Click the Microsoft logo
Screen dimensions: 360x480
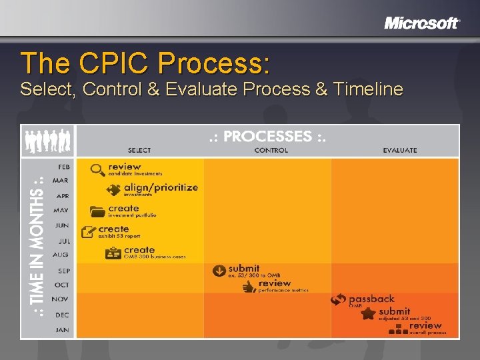pos(421,23)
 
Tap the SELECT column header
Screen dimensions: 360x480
pos(139,151)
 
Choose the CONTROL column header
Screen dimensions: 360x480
pos(271,151)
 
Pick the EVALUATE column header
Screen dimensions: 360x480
pos(400,151)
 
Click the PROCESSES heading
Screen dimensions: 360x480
pos(267,136)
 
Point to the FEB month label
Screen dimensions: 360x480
pos(62,165)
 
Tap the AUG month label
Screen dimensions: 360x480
pos(61,255)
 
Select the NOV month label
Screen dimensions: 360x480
pos(61,299)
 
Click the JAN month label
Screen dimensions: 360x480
pos(62,329)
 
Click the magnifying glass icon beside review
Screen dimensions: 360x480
pos(98,170)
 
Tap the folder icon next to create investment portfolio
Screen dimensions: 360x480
pos(98,211)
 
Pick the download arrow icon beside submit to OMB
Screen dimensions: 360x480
pos(219,271)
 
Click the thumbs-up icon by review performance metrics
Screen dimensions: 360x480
pos(249,287)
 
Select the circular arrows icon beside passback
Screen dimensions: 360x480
pos(339,301)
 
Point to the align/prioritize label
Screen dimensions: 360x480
pos(161,187)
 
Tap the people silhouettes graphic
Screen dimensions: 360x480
pos(47,141)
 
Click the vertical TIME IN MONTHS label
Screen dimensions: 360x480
pos(39,247)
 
